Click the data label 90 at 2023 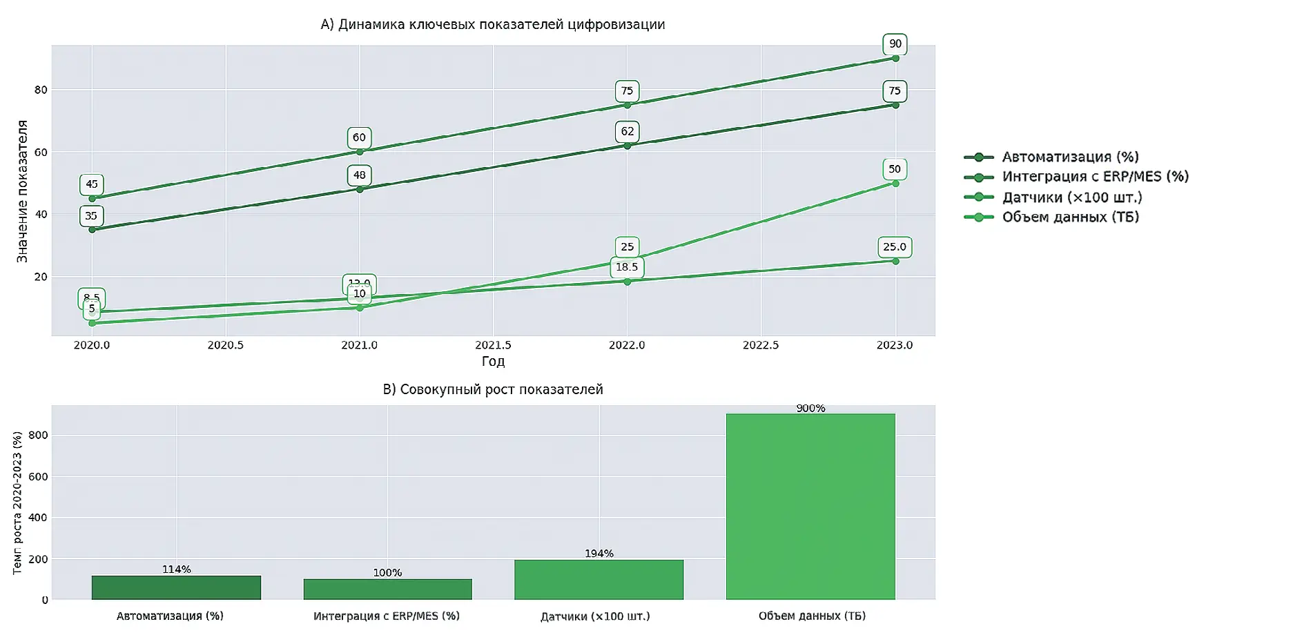895,44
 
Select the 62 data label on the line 627,132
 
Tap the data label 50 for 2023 895,169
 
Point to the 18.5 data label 627,267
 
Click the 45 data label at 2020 92,184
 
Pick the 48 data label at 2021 359,175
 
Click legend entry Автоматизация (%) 1070,157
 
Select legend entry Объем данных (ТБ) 1070,217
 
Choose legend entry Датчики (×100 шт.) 1071,197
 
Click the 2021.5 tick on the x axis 493,345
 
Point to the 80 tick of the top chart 41,90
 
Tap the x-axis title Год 493,361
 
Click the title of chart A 493,25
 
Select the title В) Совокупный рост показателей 493,389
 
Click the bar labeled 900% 810,507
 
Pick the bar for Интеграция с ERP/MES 387,589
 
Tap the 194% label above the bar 599,554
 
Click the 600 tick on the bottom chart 38,476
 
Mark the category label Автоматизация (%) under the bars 170,616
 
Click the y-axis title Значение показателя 22,191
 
